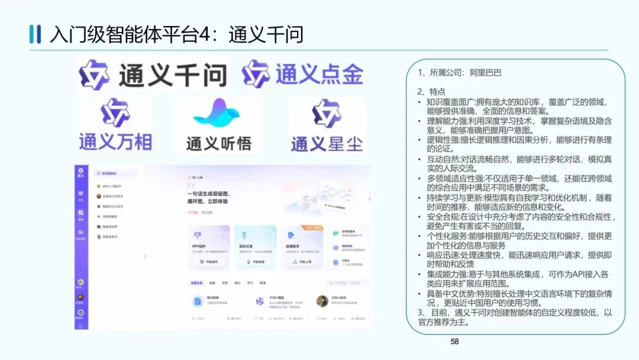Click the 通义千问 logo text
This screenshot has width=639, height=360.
point(173,76)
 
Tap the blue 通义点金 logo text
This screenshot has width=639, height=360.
point(319,75)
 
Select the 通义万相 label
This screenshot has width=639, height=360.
point(115,142)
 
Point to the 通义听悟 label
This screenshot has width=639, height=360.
point(219,143)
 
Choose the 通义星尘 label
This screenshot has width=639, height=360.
point(327,143)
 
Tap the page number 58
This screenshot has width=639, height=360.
point(454,341)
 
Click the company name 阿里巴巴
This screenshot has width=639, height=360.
point(486,73)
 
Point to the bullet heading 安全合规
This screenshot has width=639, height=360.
point(446,217)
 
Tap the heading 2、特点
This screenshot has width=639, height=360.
point(431,91)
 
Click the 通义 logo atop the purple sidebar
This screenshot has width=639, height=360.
point(81,172)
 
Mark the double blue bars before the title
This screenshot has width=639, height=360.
point(35,34)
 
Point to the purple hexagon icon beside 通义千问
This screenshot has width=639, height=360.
point(95,75)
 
